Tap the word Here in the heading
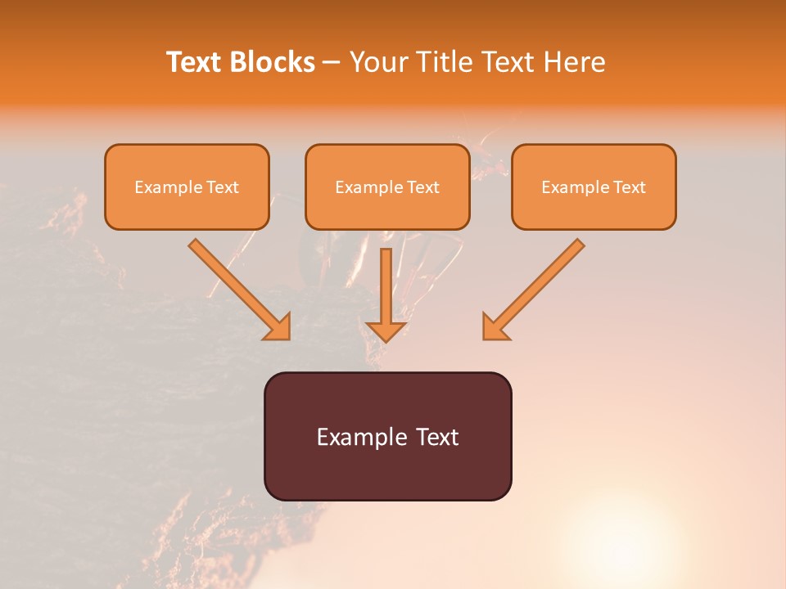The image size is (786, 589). [573, 62]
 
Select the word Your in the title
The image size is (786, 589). [380, 62]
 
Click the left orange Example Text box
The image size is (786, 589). [187, 187]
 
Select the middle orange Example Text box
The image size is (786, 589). [387, 187]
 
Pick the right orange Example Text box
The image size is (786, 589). [594, 187]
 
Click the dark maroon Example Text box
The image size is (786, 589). [387, 436]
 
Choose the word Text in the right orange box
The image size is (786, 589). [629, 187]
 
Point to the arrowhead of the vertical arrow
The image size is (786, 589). [386, 330]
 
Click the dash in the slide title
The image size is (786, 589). [332, 63]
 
